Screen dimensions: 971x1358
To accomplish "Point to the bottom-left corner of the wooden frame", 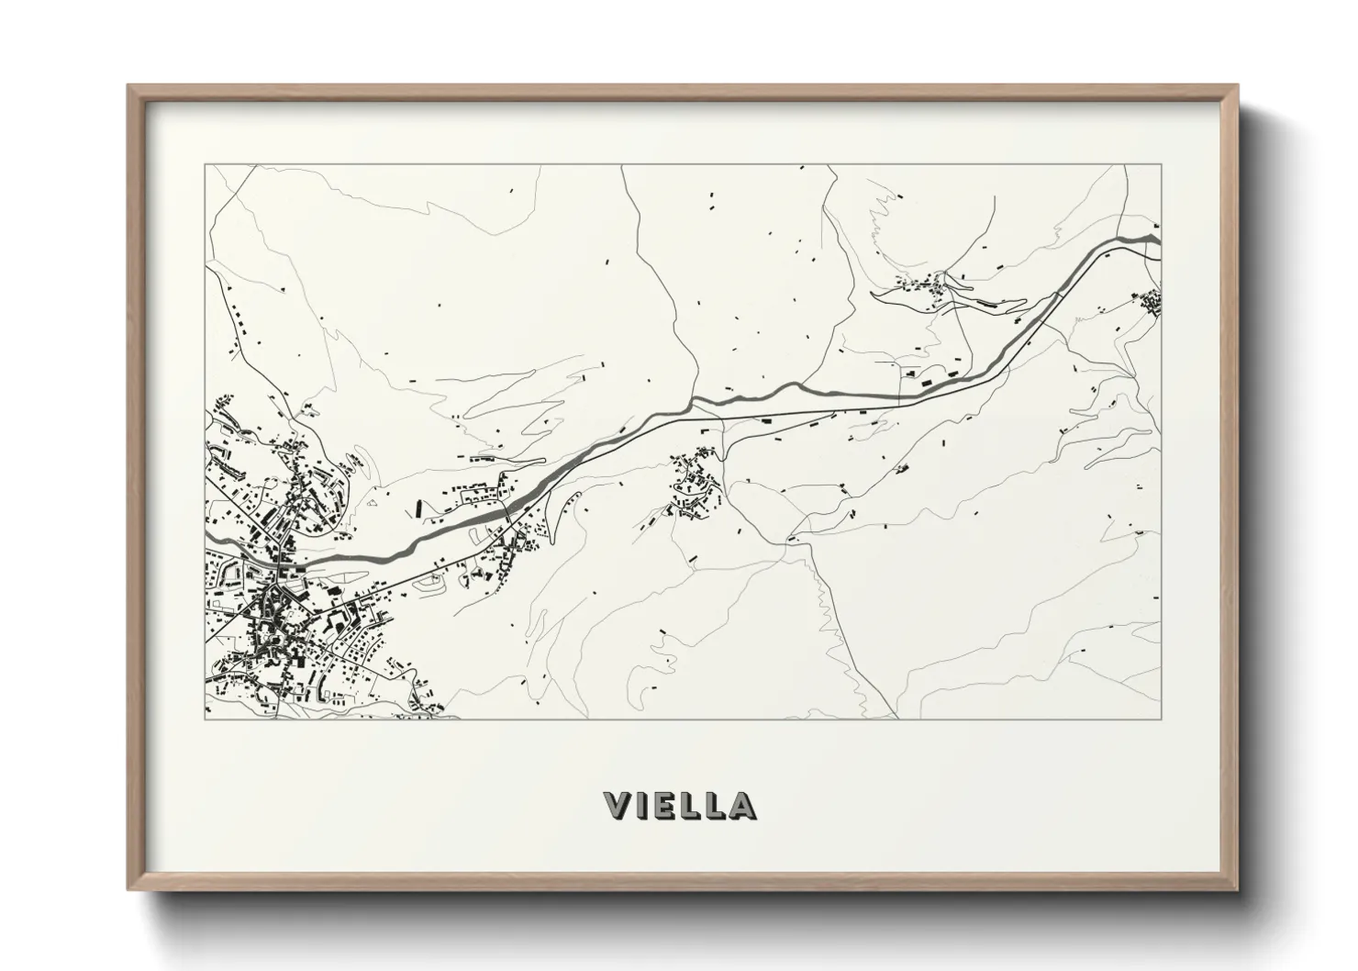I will point(129,889).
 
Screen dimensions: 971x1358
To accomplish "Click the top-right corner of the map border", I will point(1161,165).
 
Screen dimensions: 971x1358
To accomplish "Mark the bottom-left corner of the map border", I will point(205,719).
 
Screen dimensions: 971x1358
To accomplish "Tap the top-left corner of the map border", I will point(205,165).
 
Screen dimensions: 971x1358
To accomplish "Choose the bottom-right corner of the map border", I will point(1161,719).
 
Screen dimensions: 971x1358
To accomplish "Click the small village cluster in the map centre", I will point(695,485).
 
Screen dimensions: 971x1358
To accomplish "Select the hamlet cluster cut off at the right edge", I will point(1150,301).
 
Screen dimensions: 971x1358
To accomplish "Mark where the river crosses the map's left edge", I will point(207,535).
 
